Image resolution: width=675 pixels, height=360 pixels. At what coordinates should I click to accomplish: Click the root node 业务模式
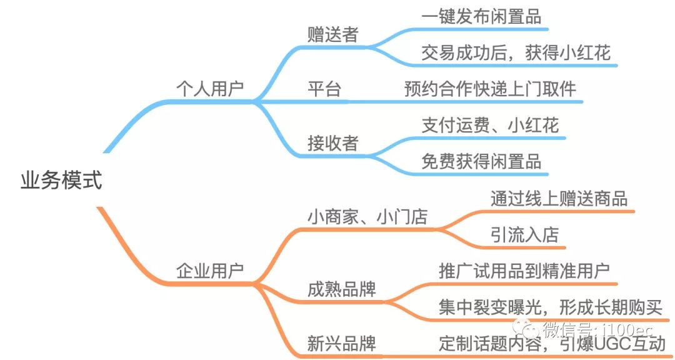[61, 182]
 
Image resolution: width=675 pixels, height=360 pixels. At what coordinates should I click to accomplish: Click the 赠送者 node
[333, 34]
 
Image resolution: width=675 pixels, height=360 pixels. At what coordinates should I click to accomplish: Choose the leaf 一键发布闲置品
[481, 17]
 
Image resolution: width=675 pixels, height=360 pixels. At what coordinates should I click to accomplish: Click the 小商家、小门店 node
[367, 217]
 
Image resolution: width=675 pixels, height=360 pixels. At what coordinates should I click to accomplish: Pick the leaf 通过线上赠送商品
[559, 198]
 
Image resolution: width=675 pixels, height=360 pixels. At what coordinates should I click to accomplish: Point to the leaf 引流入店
[524, 234]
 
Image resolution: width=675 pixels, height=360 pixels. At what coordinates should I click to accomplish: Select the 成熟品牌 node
[342, 289]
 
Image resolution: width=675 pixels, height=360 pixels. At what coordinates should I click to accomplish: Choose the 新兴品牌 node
[342, 343]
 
